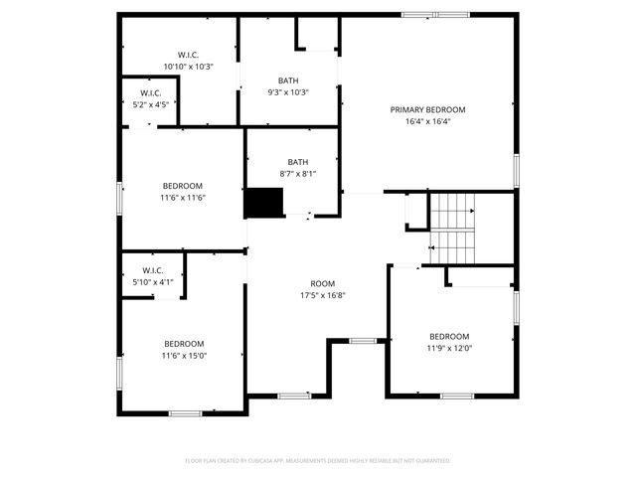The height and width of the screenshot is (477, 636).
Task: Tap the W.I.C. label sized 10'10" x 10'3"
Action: [x=188, y=55]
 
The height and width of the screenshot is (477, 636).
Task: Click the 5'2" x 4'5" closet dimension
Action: [x=150, y=104]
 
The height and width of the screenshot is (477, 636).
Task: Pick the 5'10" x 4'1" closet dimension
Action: [x=153, y=281]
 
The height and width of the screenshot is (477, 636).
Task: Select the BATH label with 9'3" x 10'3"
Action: [x=288, y=80]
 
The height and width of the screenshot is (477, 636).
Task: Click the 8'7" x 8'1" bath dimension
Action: [x=297, y=174]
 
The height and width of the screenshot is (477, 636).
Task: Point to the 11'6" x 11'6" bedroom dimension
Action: [x=183, y=198]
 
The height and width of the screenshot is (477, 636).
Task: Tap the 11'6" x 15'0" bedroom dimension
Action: [x=184, y=356]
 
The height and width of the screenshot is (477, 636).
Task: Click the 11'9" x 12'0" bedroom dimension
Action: [x=449, y=348]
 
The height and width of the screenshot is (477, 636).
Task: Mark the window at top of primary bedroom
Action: [x=435, y=14]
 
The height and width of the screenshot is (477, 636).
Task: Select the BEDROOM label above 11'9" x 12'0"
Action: [x=449, y=336]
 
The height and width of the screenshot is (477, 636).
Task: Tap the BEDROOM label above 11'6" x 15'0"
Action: [x=184, y=344]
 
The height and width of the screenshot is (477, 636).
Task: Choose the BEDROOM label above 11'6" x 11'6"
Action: [x=183, y=186]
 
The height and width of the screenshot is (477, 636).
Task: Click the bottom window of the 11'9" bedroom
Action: [x=456, y=396]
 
